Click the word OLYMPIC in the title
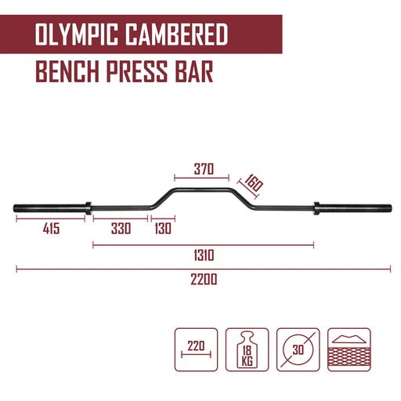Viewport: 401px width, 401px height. click(x=77, y=34)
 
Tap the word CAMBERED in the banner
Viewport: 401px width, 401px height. click(x=177, y=34)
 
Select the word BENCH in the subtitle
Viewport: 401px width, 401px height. click(x=67, y=71)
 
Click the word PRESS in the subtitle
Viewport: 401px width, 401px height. click(x=136, y=71)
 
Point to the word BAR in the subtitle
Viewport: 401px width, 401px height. click(x=194, y=71)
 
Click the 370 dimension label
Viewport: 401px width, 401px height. click(x=204, y=169)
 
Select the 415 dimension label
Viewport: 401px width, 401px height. click(x=51, y=229)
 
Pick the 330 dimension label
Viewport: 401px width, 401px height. click(x=121, y=229)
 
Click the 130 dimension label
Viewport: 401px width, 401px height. click(x=163, y=229)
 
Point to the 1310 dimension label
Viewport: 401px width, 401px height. click(x=204, y=255)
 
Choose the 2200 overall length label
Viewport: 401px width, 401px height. click(x=204, y=279)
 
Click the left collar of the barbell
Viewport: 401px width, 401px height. click(x=89, y=208)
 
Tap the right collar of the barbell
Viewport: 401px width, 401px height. click(x=316, y=208)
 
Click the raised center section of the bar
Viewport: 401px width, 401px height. click(x=200, y=190)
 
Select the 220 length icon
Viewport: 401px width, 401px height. click(x=196, y=349)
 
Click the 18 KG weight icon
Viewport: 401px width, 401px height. click(x=247, y=349)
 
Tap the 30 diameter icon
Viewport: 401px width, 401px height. click(x=298, y=349)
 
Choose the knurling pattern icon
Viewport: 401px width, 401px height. click(x=349, y=349)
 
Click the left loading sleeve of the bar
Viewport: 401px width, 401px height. click(x=49, y=208)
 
